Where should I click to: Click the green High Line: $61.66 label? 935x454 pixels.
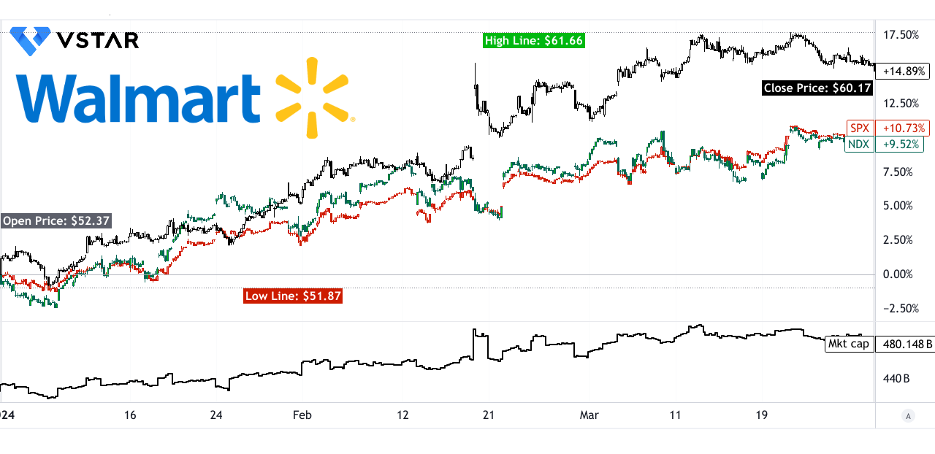pos(534,41)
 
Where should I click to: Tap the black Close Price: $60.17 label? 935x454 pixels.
pos(817,88)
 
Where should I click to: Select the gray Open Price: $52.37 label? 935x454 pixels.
pos(56,221)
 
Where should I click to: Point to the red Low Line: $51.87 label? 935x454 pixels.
pos(293,296)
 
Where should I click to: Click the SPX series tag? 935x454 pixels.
pos(859,128)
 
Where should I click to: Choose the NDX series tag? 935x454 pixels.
pos(859,145)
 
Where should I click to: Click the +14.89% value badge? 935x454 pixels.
pos(904,72)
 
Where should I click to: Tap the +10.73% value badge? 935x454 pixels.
pos(904,128)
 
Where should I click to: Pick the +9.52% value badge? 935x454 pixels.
pos(903,145)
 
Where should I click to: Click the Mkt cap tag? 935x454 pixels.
pos(849,344)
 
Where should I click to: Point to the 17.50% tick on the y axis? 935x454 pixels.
pos(901,35)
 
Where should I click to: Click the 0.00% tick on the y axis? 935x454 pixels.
pos(898,274)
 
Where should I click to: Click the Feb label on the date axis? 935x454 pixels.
pos(302,415)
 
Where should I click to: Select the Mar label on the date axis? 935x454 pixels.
pos(589,415)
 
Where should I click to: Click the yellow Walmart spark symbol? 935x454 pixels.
pos(313,97)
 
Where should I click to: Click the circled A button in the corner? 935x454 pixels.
pos(909,416)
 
